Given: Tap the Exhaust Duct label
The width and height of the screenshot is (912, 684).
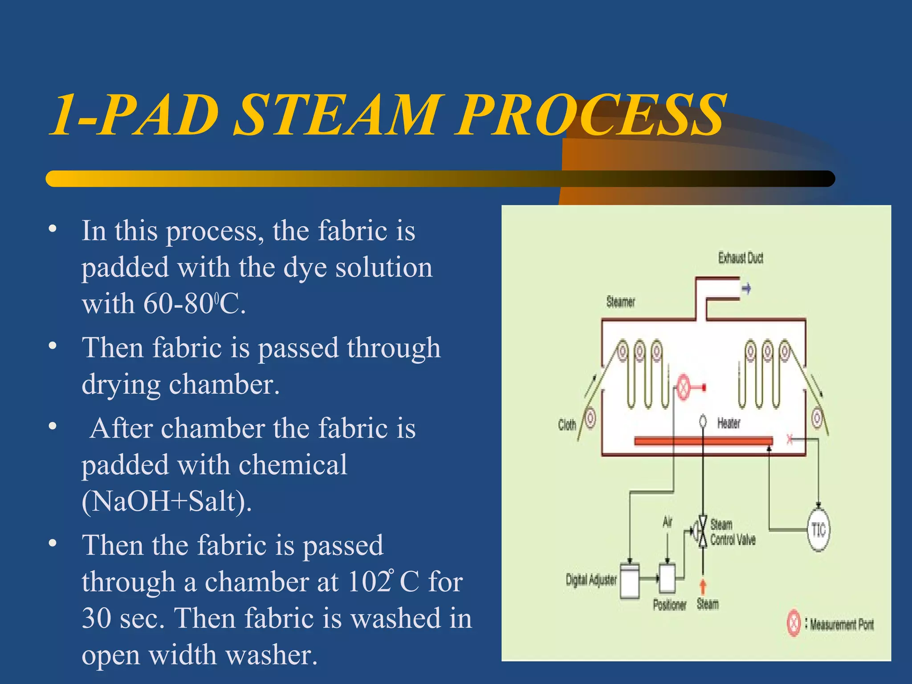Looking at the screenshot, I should click(x=741, y=258).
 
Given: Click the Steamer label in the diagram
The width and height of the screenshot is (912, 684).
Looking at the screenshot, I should click(x=620, y=302).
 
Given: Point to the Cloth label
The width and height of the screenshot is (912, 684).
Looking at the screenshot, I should click(x=567, y=425).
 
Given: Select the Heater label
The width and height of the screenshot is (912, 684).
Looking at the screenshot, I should click(x=729, y=423).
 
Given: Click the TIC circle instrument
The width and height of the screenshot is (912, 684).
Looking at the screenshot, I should click(x=818, y=530).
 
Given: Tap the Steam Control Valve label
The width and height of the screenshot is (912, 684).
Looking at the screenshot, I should click(x=732, y=533).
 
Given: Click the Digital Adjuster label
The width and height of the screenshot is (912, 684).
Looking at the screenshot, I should click(x=591, y=580).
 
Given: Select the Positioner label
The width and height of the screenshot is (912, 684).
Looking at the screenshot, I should click(x=669, y=605).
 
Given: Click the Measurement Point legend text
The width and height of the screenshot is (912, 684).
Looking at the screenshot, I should click(x=841, y=625).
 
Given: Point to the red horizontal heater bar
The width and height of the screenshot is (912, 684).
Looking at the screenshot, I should click(x=703, y=441).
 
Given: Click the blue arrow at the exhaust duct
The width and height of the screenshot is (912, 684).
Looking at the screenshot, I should click(x=747, y=289).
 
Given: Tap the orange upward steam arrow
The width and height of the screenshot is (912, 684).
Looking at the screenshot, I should click(x=703, y=586).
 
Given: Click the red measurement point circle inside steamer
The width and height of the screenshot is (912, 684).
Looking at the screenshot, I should click(x=683, y=387).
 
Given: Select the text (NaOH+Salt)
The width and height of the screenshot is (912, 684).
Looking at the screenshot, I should click(x=167, y=501).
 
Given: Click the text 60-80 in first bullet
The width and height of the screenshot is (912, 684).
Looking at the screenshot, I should click(x=178, y=304).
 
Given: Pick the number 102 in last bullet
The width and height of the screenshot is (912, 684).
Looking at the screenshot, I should click(x=369, y=582).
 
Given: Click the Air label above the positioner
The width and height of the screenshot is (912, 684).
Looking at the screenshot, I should click(x=667, y=522).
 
